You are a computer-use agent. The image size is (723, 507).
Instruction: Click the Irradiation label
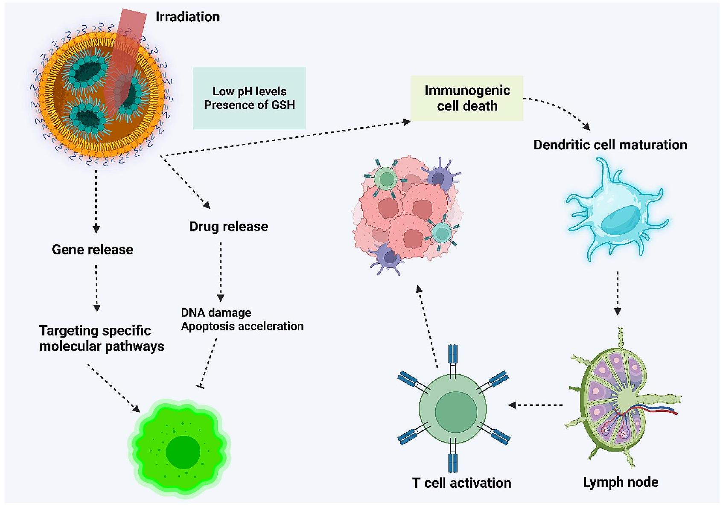[x=187, y=17]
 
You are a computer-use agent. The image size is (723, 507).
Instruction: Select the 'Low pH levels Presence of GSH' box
[x=249, y=98]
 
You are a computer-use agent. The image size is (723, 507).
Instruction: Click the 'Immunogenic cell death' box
[x=467, y=98]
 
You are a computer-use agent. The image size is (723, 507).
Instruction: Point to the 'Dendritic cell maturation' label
[x=610, y=145]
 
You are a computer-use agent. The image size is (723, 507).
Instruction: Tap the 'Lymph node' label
[x=621, y=482]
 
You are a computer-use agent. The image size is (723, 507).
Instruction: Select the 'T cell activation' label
[x=461, y=483]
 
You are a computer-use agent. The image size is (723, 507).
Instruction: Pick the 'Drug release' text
[x=229, y=227]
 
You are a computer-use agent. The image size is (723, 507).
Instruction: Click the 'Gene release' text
[x=93, y=250]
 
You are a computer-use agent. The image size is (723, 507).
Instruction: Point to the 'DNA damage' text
[x=216, y=313]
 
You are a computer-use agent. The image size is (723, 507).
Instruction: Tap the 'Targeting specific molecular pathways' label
[x=102, y=338]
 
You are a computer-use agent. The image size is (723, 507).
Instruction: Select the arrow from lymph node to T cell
[x=536, y=405]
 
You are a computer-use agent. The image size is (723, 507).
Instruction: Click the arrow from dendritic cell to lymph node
[x=617, y=293]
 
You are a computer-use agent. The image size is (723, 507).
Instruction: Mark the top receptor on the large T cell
[x=453, y=356]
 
